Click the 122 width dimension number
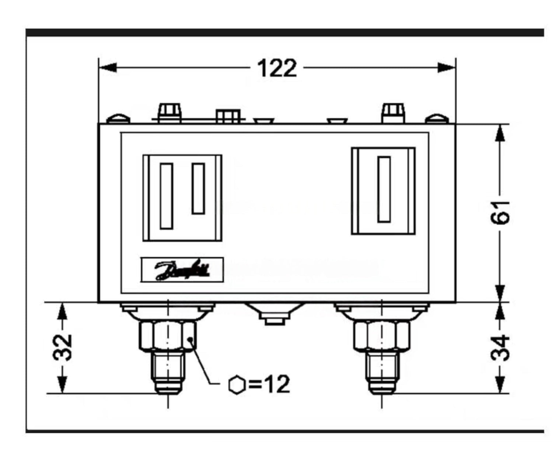click(277, 69)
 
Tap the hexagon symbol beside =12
click(237, 385)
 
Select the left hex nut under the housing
click(168, 335)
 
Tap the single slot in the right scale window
click(384, 189)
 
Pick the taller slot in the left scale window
click(167, 196)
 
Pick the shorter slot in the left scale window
click(199, 189)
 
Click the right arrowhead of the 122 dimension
click(447, 67)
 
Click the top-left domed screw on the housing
click(118, 119)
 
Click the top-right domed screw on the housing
click(437, 119)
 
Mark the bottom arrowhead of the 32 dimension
click(63, 385)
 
